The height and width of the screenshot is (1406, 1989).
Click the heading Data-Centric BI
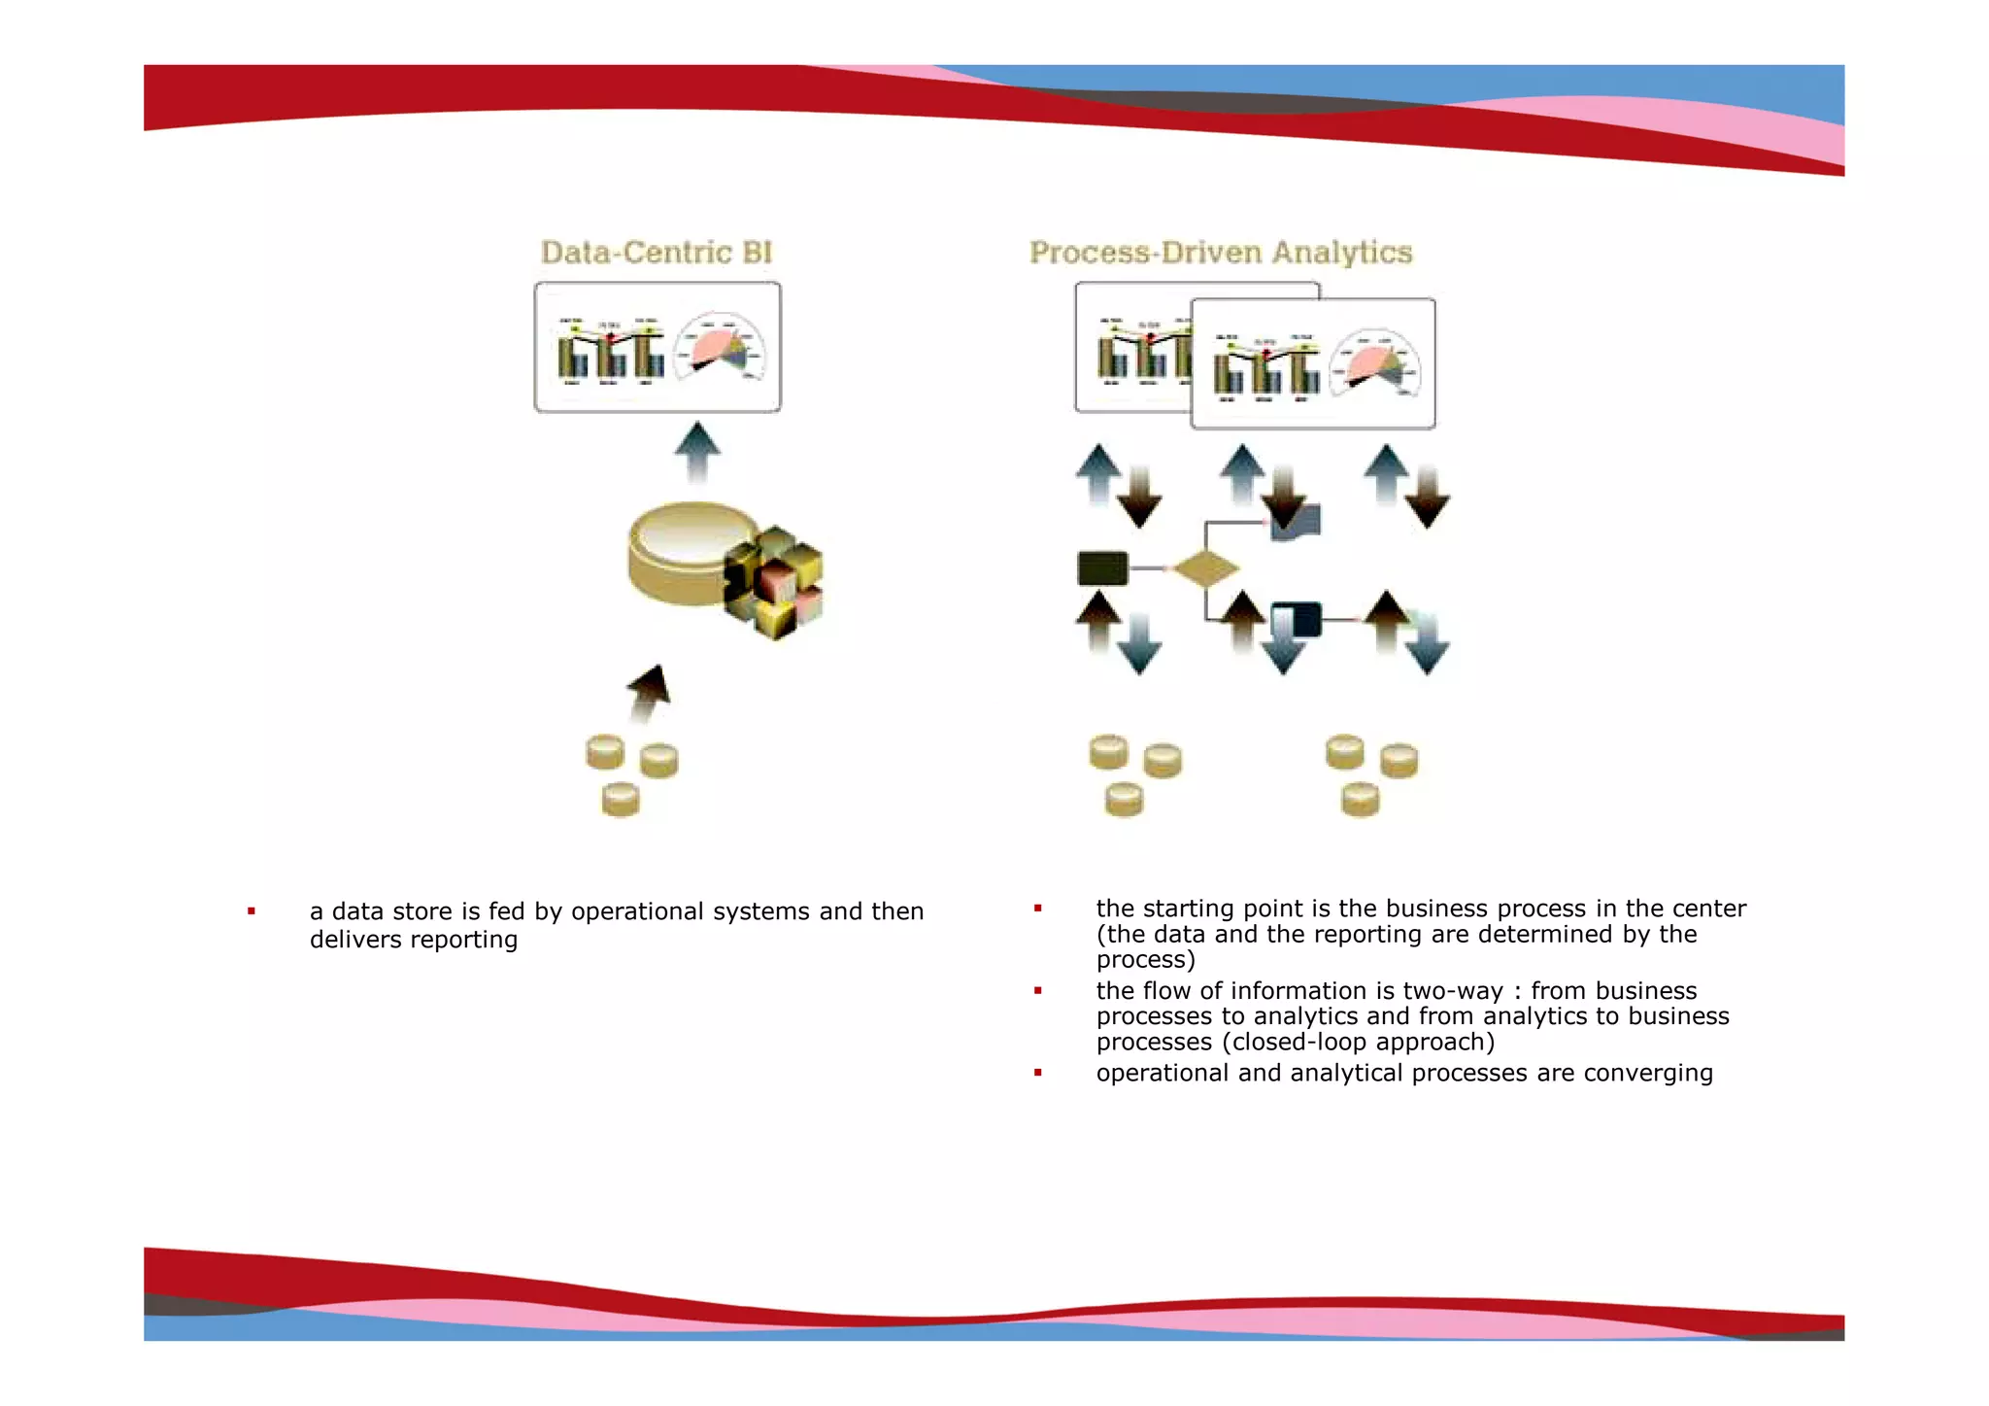[x=657, y=253]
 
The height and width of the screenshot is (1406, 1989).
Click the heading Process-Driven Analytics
[x=1221, y=253]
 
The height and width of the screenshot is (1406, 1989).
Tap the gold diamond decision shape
[x=1205, y=568]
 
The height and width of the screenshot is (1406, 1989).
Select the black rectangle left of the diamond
[x=1103, y=568]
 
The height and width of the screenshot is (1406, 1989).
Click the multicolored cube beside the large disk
[x=775, y=582]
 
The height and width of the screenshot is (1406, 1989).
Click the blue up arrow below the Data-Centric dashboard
[x=697, y=452]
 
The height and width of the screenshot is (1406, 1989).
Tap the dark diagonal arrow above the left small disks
[x=649, y=693]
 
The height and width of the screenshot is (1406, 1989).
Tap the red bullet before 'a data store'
[x=252, y=911]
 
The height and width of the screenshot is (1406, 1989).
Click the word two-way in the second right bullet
[x=1453, y=991]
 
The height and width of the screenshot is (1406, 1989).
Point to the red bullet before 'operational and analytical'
[x=1038, y=1073]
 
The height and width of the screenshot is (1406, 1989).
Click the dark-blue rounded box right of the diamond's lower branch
[x=1297, y=619]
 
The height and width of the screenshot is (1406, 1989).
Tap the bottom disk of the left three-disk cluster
[x=621, y=801]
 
